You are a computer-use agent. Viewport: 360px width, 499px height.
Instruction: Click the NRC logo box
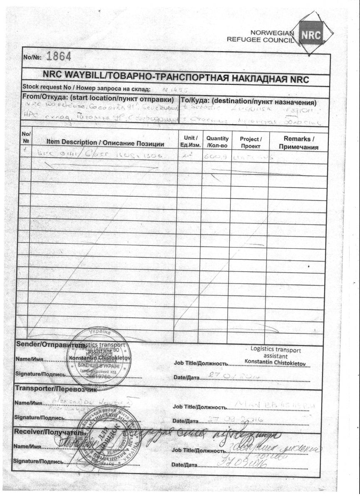coord(311,36)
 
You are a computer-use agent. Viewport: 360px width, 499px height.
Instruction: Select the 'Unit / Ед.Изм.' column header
coord(190,141)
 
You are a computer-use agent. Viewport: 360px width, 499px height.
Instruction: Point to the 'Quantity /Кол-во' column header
coord(217,141)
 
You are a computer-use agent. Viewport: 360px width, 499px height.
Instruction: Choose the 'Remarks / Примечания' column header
coord(298,142)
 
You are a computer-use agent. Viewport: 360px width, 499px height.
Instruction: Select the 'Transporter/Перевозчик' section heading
coord(56,389)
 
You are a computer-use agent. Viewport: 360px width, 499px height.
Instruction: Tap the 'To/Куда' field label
coord(248,102)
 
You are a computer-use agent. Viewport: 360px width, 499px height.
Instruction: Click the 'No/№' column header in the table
coord(26,137)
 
